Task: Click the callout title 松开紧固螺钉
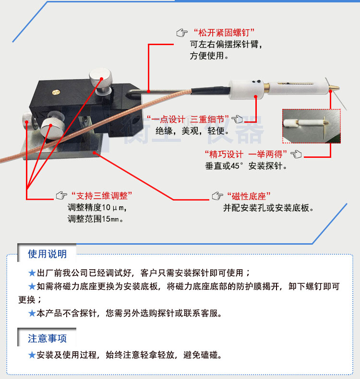click(x=223, y=33)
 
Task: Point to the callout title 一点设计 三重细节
click(x=188, y=118)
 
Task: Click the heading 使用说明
click(x=47, y=254)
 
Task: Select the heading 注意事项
click(x=47, y=338)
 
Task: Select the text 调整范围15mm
click(x=96, y=220)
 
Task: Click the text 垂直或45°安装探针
click(x=246, y=166)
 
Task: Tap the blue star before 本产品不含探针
click(x=32, y=314)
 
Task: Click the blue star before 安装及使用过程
click(x=32, y=355)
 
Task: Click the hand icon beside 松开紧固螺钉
click(x=182, y=33)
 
